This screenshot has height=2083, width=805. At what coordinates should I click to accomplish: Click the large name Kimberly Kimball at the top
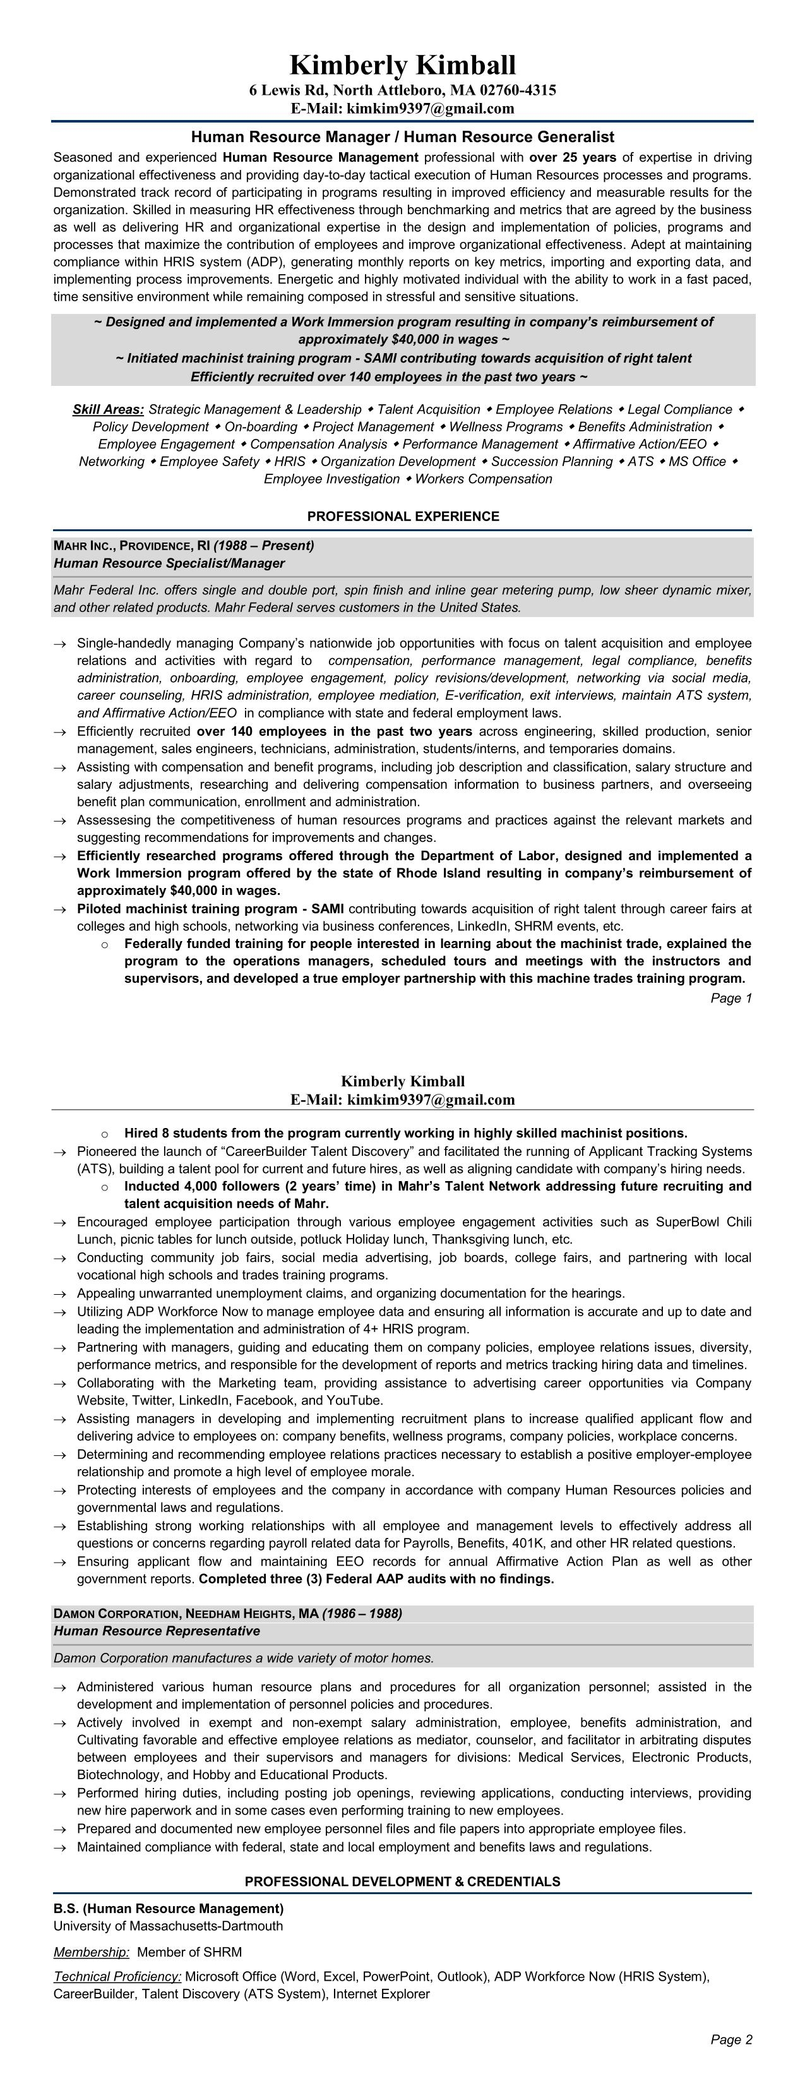pyautogui.click(x=403, y=64)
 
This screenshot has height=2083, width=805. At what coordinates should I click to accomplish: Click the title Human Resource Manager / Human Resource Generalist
pyautogui.click(x=403, y=138)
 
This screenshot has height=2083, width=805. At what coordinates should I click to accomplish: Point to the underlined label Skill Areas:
pyautogui.click(x=109, y=410)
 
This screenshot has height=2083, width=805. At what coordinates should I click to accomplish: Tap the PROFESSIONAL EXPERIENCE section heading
pyautogui.click(x=403, y=517)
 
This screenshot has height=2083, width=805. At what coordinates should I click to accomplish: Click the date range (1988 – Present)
pyautogui.click(x=263, y=546)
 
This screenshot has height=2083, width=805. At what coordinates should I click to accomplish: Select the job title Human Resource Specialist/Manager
pyautogui.click(x=169, y=563)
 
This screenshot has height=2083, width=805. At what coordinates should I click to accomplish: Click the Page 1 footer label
pyautogui.click(x=730, y=999)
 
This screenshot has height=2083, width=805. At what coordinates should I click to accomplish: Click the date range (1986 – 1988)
pyautogui.click(x=362, y=1614)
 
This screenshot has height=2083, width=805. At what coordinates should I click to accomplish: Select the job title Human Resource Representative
pyautogui.click(x=157, y=1631)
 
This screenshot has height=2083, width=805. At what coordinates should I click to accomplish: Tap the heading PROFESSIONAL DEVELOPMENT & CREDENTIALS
pyautogui.click(x=403, y=1882)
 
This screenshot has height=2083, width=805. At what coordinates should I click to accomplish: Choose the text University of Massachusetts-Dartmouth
pyautogui.click(x=168, y=1926)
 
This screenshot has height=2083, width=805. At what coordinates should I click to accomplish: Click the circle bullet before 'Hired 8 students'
pyautogui.click(x=104, y=1134)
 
